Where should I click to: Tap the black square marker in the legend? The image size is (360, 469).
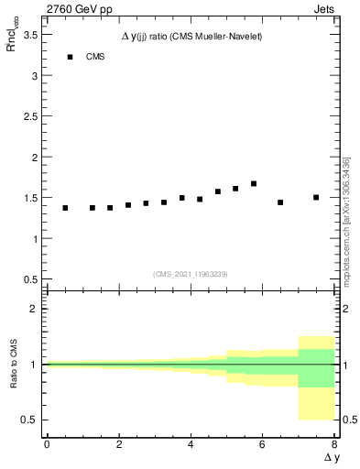tap(70, 57)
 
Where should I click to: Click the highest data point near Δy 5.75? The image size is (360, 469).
tap(254, 184)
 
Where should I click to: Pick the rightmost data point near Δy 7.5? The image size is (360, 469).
tap(316, 197)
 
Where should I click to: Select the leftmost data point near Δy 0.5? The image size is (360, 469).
tap(65, 208)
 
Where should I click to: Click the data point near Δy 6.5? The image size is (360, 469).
tap(280, 202)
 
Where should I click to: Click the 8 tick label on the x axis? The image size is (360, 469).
tap(334, 444)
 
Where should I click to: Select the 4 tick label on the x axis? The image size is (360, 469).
tap(191, 444)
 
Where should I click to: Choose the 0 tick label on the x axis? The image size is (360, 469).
tap(47, 444)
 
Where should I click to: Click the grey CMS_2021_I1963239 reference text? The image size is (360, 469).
tap(191, 273)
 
